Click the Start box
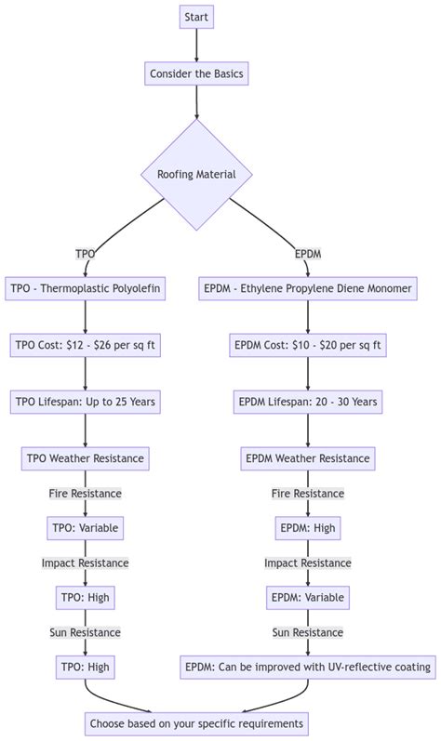(x=196, y=17)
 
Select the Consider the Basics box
(x=196, y=74)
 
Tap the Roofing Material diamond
(x=196, y=175)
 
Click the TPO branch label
(x=85, y=254)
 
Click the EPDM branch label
(x=308, y=254)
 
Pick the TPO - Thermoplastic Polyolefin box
(x=86, y=289)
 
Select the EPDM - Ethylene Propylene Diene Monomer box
(x=308, y=289)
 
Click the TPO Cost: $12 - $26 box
(x=86, y=346)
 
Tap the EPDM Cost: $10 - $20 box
(x=308, y=346)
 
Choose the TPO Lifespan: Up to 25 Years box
(x=86, y=403)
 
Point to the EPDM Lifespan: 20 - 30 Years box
(x=308, y=403)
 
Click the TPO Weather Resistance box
(x=86, y=458)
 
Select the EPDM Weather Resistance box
(x=308, y=458)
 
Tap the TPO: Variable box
(x=86, y=528)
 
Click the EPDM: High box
(x=308, y=528)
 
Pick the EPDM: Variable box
(x=308, y=597)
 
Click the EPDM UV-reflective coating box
(x=308, y=667)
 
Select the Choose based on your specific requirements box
(x=196, y=723)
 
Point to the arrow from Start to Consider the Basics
(x=196, y=45)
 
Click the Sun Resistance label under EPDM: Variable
(x=308, y=632)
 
